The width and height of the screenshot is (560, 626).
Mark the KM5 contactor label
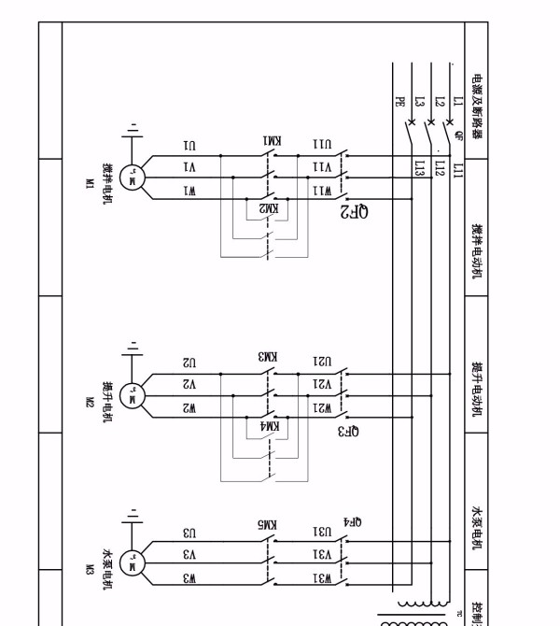(x=269, y=527)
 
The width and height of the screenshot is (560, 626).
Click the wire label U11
(x=321, y=147)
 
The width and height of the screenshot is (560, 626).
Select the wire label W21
(x=321, y=408)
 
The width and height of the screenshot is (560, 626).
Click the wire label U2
(x=189, y=363)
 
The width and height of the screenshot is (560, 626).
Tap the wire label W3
(x=189, y=578)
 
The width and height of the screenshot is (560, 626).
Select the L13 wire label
(x=419, y=167)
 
